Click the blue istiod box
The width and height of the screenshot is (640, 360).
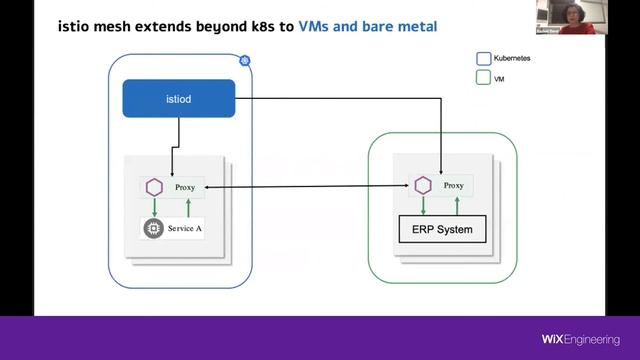[x=178, y=99]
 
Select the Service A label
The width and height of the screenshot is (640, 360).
[x=185, y=228]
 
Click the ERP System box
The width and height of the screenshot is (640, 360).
[x=442, y=230]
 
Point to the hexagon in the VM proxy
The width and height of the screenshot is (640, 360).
[x=422, y=186]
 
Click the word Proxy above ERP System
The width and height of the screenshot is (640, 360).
[x=453, y=186]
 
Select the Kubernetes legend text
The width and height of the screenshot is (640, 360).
[x=511, y=59]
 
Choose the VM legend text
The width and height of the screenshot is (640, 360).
[x=499, y=77]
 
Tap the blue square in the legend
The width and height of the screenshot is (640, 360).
[x=483, y=59]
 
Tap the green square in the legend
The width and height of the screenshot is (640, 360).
[x=483, y=77]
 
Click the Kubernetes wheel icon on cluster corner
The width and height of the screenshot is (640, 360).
[x=244, y=61]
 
